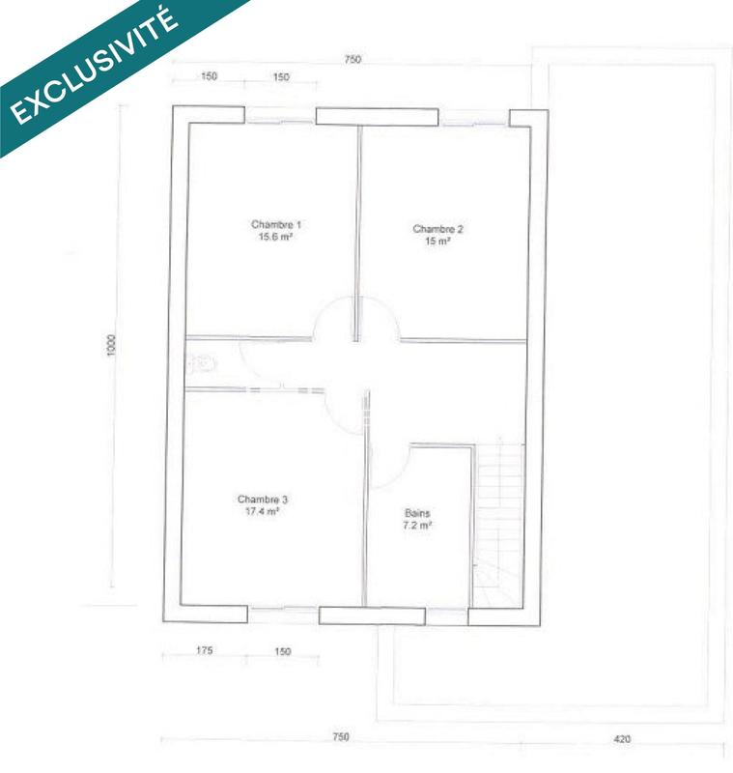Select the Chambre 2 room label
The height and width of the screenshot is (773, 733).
pyautogui.click(x=437, y=229)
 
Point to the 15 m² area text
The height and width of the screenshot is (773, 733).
pyautogui.click(x=437, y=242)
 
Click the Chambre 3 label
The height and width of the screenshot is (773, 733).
pyautogui.click(x=263, y=500)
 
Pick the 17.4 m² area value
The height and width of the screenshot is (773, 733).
pyautogui.click(x=263, y=512)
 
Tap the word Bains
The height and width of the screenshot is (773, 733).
pyautogui.click(x=417, y=513)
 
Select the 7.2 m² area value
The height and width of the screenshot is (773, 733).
pyautogui.click(x=417, y=526)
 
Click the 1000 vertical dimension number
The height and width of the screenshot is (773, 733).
pyautogui.click(x=112, y=346)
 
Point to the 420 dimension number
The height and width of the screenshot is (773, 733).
pyautogui.click(x=622, y=739)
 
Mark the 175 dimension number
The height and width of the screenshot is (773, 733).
pyautogui.click(x=204, y=652)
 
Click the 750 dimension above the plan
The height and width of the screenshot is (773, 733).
pyautogui.click(x=352, y=60)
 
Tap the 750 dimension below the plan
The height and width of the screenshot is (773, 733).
pyautogui.click(x=340, y=737)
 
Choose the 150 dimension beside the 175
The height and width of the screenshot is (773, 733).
pyautogui.click(x=282, y=652)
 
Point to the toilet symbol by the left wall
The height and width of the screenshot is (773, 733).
pyautogui.click(x=200, y=364)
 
